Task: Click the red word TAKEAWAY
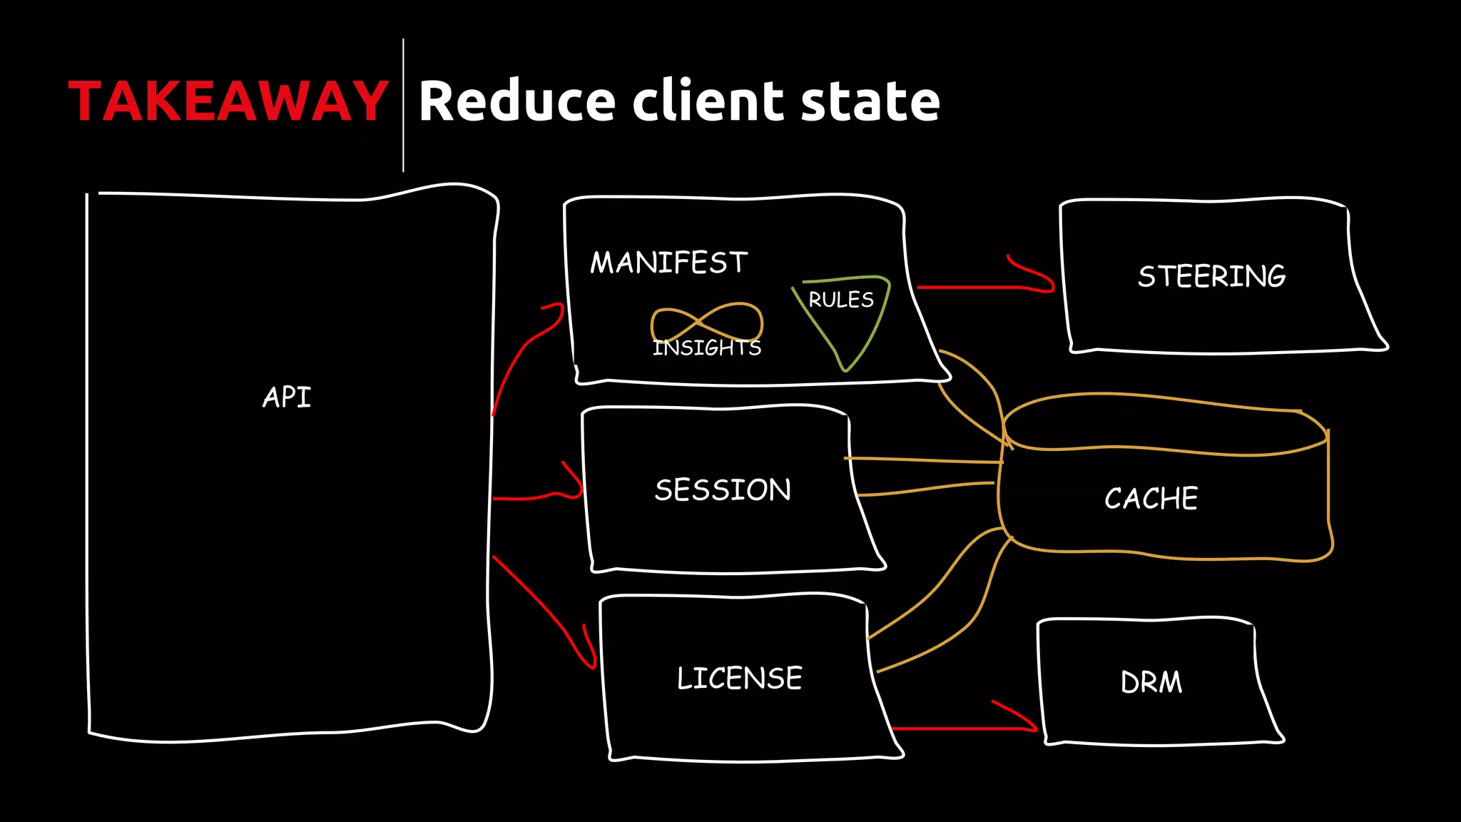tap(228, 101)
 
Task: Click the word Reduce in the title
tap(516, 101)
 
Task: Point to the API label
tap(287, 397)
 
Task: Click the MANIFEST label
tap(668, 263)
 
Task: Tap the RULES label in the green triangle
tap(841, 300)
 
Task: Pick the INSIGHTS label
tap(706, 347)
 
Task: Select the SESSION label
tap(723, 490)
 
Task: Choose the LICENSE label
tap(739, 678)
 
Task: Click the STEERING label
tap(1212, 276)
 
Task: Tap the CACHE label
tap(1151, 498)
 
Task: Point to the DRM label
tap(1151, 682)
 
